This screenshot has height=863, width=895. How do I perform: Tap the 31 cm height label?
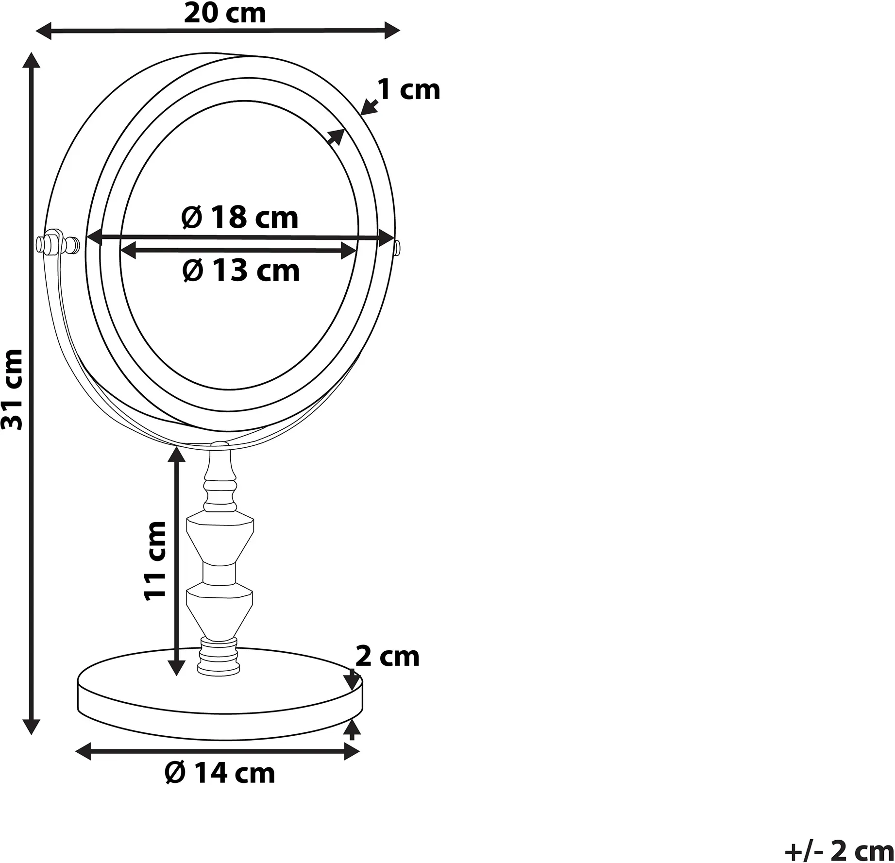click(x=12, y=389)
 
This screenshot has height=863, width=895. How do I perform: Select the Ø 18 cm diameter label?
click(x=240, y=218)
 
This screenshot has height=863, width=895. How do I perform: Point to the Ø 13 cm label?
click(x=241, y=270)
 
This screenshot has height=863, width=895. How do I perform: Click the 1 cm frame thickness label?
click(x=409, y=90)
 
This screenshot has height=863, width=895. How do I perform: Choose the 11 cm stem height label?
click(x=156, y=561)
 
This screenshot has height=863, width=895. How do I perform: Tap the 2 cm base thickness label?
click(x=387, y=657)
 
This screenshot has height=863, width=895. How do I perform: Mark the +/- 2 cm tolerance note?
click(x=839, y=851)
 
